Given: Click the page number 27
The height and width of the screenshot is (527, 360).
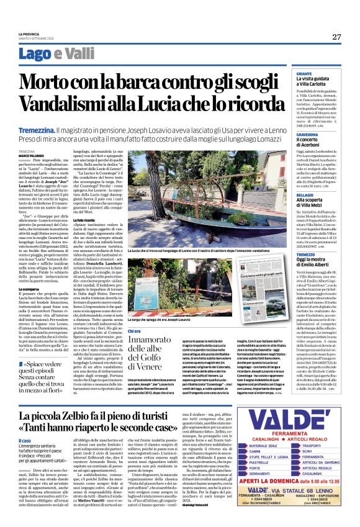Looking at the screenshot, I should [336, 37].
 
